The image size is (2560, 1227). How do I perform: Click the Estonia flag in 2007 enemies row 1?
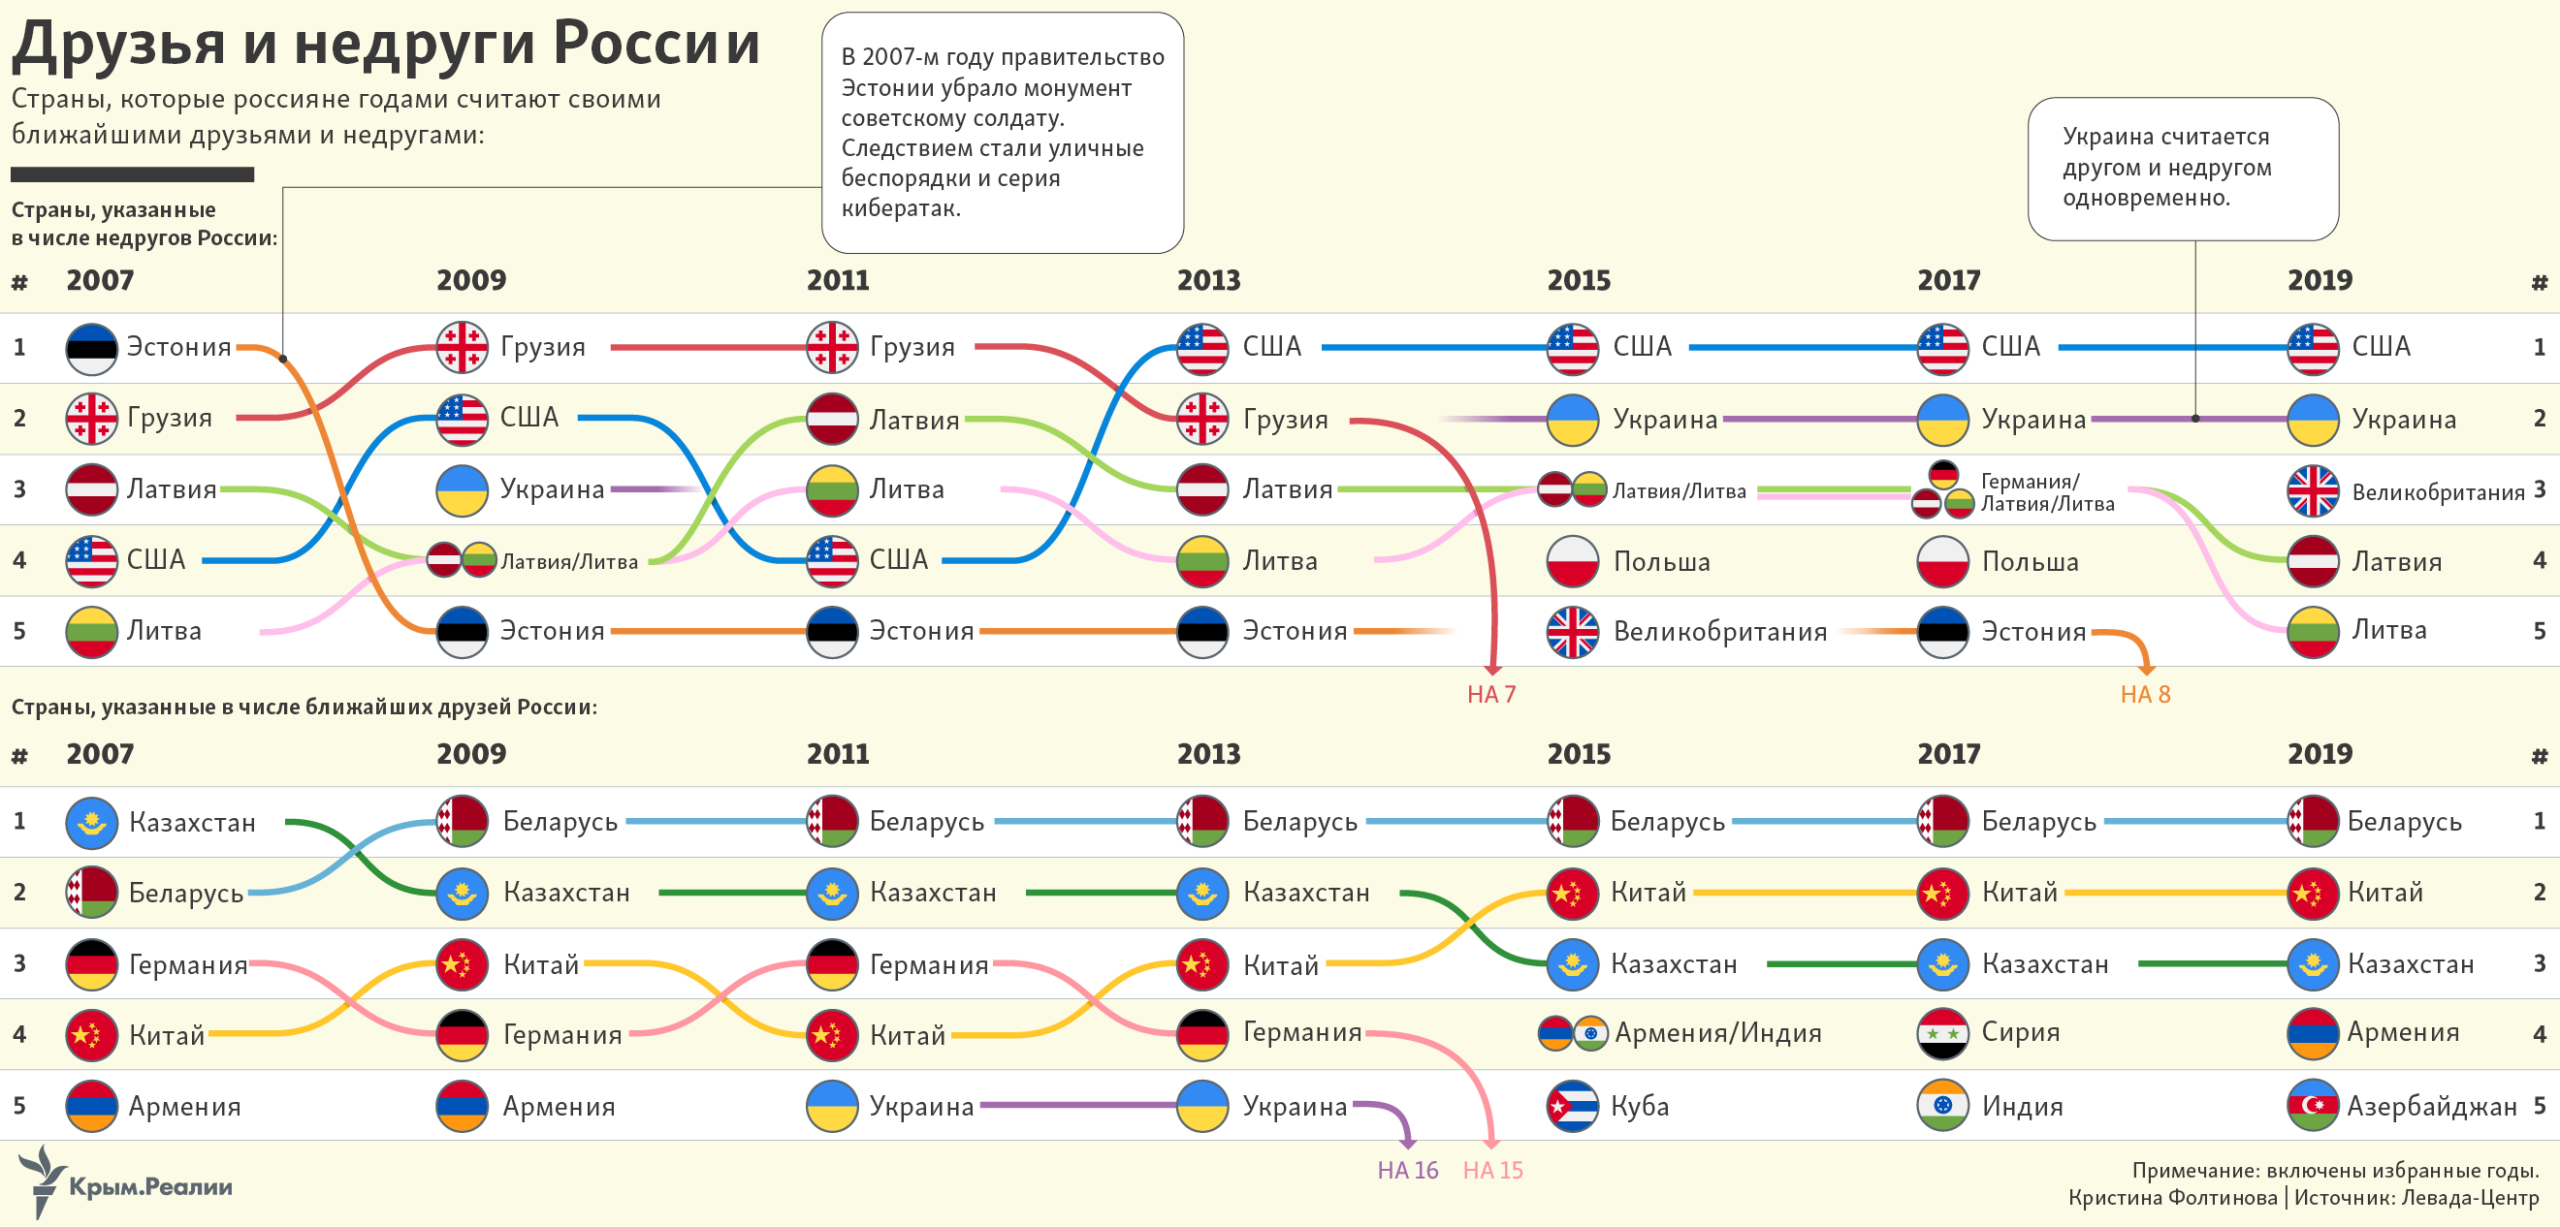click(x=91, y=349)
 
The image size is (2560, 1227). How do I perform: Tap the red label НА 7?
click(x=1490, y=695)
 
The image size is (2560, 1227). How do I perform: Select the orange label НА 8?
click(x=2145, y=695)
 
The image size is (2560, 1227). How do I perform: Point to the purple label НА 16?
click(x=1407, y=1171)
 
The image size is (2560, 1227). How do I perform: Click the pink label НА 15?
click(x=1492, y=1171)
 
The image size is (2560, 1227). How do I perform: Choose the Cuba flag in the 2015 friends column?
click(x=1572, y=1106)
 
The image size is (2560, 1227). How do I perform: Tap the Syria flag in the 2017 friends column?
click(x=1942, y=1034)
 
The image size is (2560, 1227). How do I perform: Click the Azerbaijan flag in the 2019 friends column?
click(x=2313, y=1106)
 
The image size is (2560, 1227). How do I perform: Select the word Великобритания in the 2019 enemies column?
click(x=2437, y=491)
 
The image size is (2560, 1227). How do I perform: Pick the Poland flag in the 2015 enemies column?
click(x=1572, y=561)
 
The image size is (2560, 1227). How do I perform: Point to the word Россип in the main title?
click(x=656, y=45)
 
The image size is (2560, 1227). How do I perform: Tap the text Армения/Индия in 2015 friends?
click(x=1717, y=1033)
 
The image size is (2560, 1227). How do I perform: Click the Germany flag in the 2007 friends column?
click(x=91, y=963)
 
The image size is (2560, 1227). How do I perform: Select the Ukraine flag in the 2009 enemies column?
click(x=463, y=489)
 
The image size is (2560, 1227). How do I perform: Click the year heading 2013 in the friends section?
click(x=1208, y=754)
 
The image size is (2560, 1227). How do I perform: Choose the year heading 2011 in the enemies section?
click(x=838, y=280)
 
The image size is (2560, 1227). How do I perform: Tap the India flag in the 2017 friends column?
click(x=1942, y=1106)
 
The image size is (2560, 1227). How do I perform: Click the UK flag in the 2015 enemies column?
click(x=1572, y=632)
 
